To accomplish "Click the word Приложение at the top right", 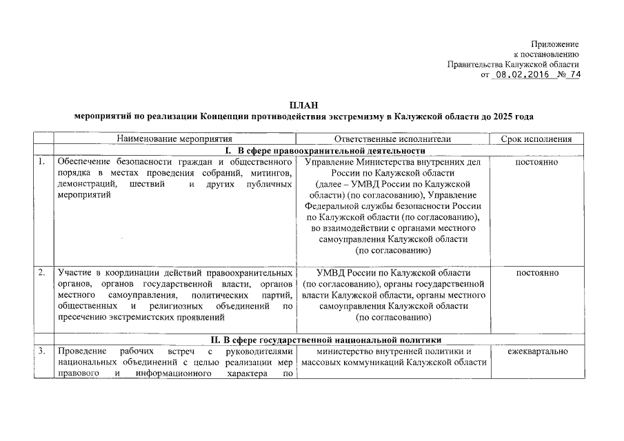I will point(555,44).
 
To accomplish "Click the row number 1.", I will point(42,162).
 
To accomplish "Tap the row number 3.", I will point(42,351).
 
